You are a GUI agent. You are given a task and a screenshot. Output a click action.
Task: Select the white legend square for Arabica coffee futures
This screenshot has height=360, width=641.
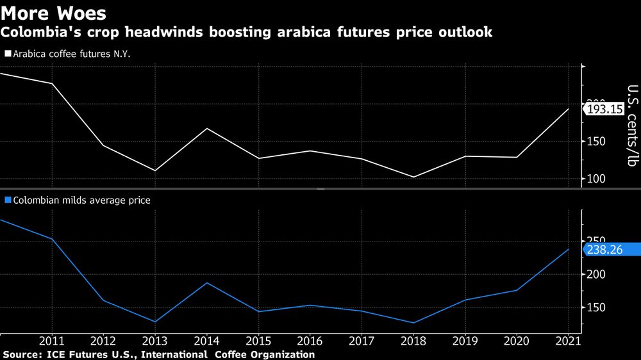8,54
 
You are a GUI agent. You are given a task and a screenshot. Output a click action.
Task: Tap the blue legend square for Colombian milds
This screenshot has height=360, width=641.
8,200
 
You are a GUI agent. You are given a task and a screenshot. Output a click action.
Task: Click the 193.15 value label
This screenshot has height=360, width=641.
604,110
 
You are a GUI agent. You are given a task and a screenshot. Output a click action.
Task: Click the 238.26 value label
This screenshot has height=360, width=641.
604,250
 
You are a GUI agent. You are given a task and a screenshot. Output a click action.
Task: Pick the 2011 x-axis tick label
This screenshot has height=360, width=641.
52,341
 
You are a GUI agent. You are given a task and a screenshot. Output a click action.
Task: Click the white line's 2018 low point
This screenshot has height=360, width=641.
414,177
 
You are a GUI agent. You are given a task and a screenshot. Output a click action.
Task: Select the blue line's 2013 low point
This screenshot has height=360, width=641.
155,322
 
